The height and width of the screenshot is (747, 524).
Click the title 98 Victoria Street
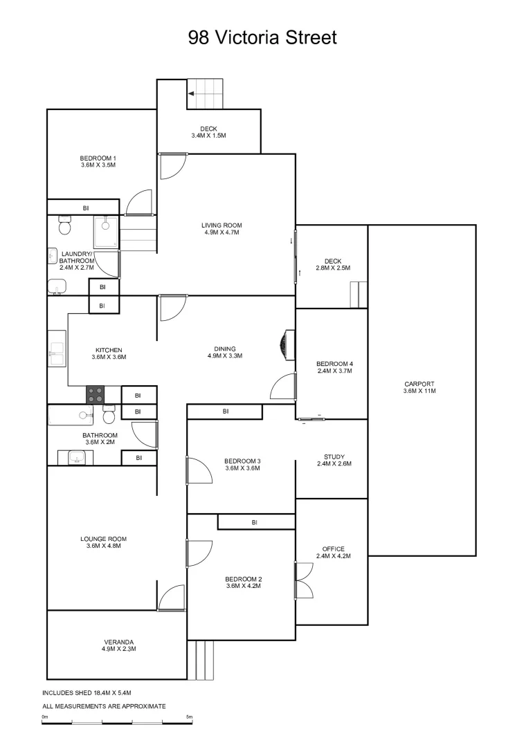[x=262, y=37]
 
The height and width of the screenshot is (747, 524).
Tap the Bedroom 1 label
[x=98, y=162]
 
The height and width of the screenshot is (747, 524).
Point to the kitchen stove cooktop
[x=95, y=395]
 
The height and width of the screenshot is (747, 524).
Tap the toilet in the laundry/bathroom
[x=65, y=225]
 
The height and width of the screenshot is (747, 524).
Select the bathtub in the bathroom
[x=70, y=415]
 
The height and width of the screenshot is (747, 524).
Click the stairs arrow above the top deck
[x=191, y=92]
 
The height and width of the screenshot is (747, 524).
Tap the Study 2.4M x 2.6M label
[x=334, y=460]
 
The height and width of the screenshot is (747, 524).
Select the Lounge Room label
[x=103, y=542]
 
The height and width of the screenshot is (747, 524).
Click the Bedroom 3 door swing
[x=199, y=471]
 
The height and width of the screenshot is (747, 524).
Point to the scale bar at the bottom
[x=117, y=723]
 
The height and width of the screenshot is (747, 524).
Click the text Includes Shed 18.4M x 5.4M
[x=87, y=692]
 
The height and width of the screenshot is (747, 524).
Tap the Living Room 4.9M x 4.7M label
[x=222, y=229]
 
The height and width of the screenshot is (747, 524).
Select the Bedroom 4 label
[x=334, y=367]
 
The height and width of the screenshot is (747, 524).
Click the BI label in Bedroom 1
[x=86, y=207]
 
